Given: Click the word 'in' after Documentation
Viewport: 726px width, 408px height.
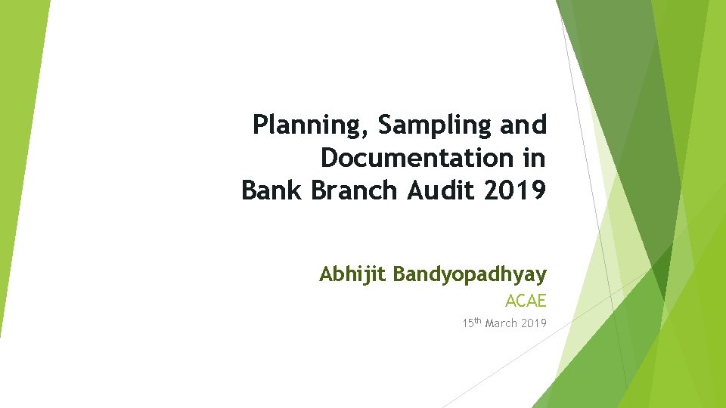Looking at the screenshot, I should pyautogui.click(x=535, y=158).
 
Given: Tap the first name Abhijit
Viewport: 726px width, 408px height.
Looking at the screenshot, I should pyautogui.click(x=353, y=274).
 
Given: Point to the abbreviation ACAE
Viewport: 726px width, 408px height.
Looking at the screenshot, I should pyautogui.click(x=526, y=301).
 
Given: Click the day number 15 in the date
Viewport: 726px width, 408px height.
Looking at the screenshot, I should pyautogui.click(x=467, y=323).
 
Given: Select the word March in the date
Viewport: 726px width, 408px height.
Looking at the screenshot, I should pyautogui.click(x=501, y=323).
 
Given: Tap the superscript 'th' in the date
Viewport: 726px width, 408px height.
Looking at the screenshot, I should pyautogui.click(x=478, y=321).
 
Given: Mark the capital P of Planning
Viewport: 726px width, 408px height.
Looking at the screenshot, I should pyautogui.click(x=260, y=124).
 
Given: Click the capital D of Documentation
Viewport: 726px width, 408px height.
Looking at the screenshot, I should pyautogui.click(x=329, y=158).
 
